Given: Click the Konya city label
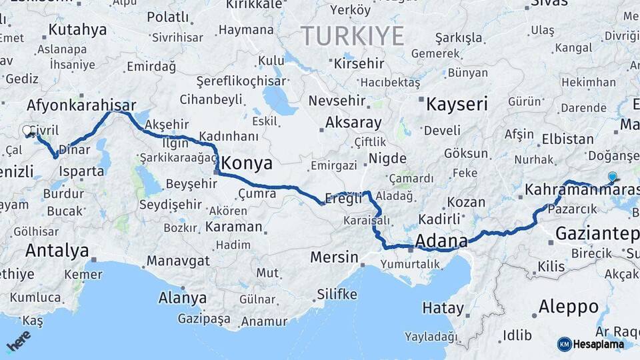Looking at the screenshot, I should (x=247, y=163).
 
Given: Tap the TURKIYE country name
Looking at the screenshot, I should (x=353, y=35).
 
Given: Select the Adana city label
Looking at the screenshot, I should (x=440, y=239).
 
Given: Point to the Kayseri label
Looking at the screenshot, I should (x=457, y=104).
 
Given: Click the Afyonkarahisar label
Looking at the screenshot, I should (x=81, y=105).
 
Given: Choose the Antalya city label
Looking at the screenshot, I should (x=57, y=251).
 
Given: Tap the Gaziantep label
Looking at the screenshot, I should (x=597, y=233).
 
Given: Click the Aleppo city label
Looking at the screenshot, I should (x=568, y=307).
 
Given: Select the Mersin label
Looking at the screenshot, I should (x=334, y=257).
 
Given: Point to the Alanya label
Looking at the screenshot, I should (x=182, y=297).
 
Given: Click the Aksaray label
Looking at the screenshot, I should (x=353, y=123).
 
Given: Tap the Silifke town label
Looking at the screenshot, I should (x=337, y=294).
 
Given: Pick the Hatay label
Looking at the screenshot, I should (x=443, y=308).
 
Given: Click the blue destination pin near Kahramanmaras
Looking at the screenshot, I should (x=612, y=177).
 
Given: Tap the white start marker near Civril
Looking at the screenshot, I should (x=27, y=130).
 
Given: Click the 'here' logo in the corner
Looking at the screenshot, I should (x=19, y=340).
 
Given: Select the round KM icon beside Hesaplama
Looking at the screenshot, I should (x=564, y=344).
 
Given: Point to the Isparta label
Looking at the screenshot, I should (x=81, y=171).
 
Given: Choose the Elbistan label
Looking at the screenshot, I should (x=567, y=139).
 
